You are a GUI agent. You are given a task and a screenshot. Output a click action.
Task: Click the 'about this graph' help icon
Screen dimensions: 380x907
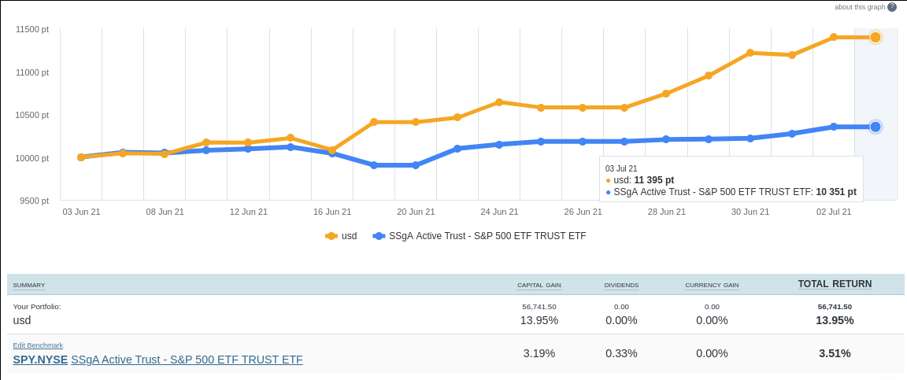tap(892, 7)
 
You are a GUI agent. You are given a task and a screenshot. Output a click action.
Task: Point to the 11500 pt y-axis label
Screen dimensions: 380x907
tap(32, 29)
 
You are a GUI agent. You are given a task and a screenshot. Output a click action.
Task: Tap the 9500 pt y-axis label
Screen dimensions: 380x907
tap(35, 201)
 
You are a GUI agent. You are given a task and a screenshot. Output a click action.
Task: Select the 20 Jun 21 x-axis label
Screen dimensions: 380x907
tap(416, 212)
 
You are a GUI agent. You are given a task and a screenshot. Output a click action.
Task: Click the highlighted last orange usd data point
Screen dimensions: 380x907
tap(875, 37)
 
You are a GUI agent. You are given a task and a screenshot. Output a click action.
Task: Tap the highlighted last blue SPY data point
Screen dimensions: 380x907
tap(875, 127)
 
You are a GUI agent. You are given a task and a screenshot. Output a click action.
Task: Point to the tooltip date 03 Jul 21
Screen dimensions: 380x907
tap(621, 168)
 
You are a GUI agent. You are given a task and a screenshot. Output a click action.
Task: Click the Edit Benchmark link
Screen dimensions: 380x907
tap(38, 345)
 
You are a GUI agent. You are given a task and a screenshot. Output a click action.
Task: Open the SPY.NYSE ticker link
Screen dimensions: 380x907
tap(40, 360)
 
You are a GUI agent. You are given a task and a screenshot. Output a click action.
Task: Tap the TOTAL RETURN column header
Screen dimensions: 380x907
tap(835, 284)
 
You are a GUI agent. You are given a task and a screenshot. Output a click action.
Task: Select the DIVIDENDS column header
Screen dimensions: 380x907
tap(621, 285)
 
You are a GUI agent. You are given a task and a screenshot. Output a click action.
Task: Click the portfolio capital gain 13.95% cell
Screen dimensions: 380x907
tap(539, 320)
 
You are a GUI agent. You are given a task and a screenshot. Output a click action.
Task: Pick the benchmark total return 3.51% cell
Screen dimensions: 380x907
tap(835, 353)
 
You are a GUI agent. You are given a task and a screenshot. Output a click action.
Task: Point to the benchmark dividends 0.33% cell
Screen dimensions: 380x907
tap(621, 353)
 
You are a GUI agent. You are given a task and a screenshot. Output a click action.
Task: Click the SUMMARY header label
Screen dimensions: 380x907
tap(29, 285)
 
